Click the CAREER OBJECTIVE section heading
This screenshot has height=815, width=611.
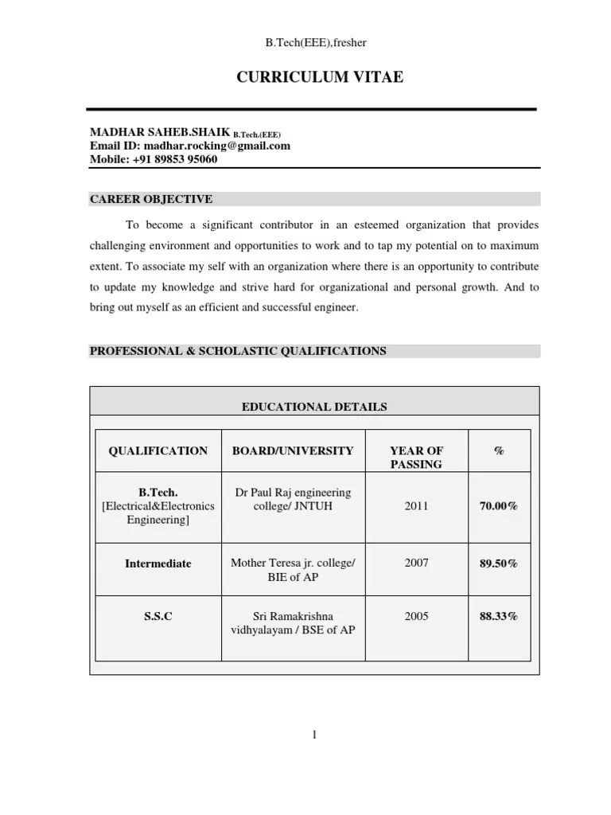(x=150, y=199)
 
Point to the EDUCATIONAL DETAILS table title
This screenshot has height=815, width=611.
(x=314, y=407)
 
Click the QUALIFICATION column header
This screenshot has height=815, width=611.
(x=158, y=450)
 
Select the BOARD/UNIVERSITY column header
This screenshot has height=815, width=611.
(x=293, y=450)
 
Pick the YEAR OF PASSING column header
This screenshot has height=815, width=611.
(x=416, y=457)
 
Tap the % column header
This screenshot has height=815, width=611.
(x=499, y=450)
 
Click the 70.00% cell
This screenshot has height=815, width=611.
(x=499, y=505)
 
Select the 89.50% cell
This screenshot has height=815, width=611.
(x=499, y=563)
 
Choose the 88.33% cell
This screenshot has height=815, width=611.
(x=499, y=616)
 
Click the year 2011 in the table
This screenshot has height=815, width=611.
(x=416, y=505)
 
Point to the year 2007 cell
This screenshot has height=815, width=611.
(x=416, y=563)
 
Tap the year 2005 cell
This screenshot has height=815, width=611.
(x=416, y=616)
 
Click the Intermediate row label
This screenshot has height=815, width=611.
(x=158, y=563)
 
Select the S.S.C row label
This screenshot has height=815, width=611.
(x=158, y=616)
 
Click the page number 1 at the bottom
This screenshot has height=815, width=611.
(x=314, y=735)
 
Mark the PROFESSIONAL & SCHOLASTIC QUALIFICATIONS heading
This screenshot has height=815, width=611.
(x=238, y=351)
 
